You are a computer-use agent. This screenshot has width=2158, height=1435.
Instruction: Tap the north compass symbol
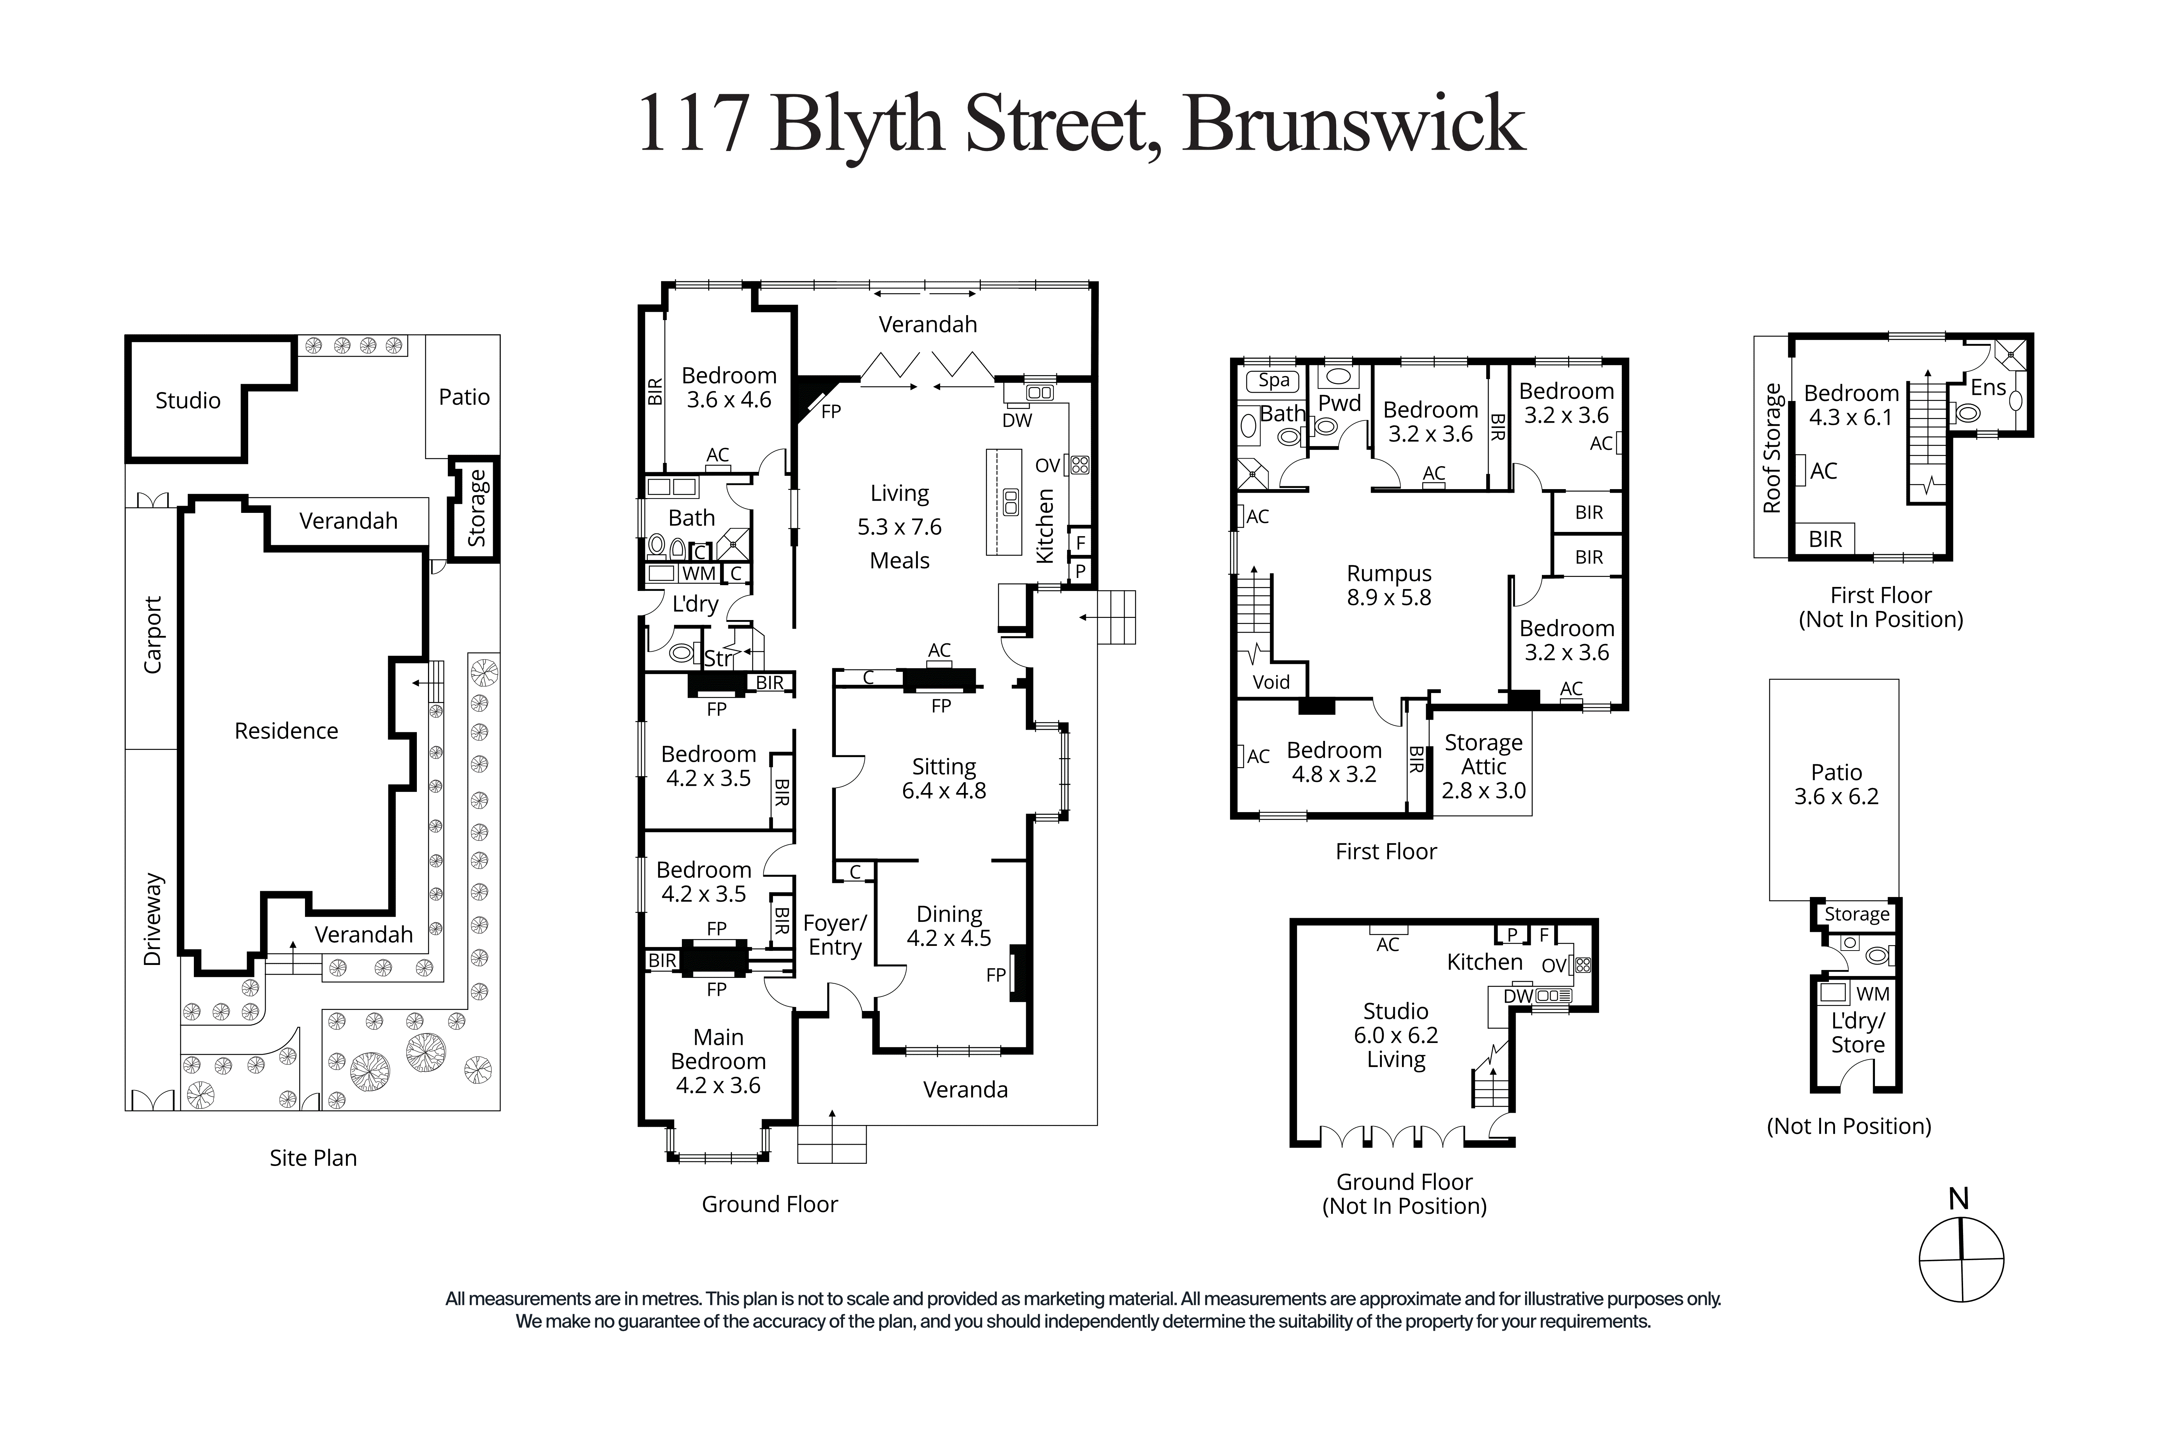[x=1960, y=1258]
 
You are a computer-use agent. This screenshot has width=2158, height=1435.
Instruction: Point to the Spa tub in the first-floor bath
[x=1273, y=380]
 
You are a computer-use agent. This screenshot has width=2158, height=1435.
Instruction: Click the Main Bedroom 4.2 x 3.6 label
[x=718, y=1061]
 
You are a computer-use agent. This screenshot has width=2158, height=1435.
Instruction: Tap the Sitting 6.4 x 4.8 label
[x=943, y=779]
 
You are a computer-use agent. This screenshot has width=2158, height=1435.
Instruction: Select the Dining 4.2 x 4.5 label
[x=949, y=926]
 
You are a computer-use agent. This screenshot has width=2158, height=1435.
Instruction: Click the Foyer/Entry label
[x=835, y=935]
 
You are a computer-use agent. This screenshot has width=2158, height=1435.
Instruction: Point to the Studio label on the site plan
[x=188, y=400]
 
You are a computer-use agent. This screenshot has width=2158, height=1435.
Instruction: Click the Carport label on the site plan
[x=152, y=635]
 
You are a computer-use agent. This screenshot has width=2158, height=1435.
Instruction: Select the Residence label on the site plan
[x=286, y=730]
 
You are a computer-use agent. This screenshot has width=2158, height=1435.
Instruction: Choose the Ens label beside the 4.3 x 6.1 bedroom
[x=1988, y=387]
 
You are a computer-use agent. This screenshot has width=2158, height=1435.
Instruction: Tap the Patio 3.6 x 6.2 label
[x=1836, y=784]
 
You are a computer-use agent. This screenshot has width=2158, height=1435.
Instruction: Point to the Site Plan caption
[x=313, y=1158]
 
